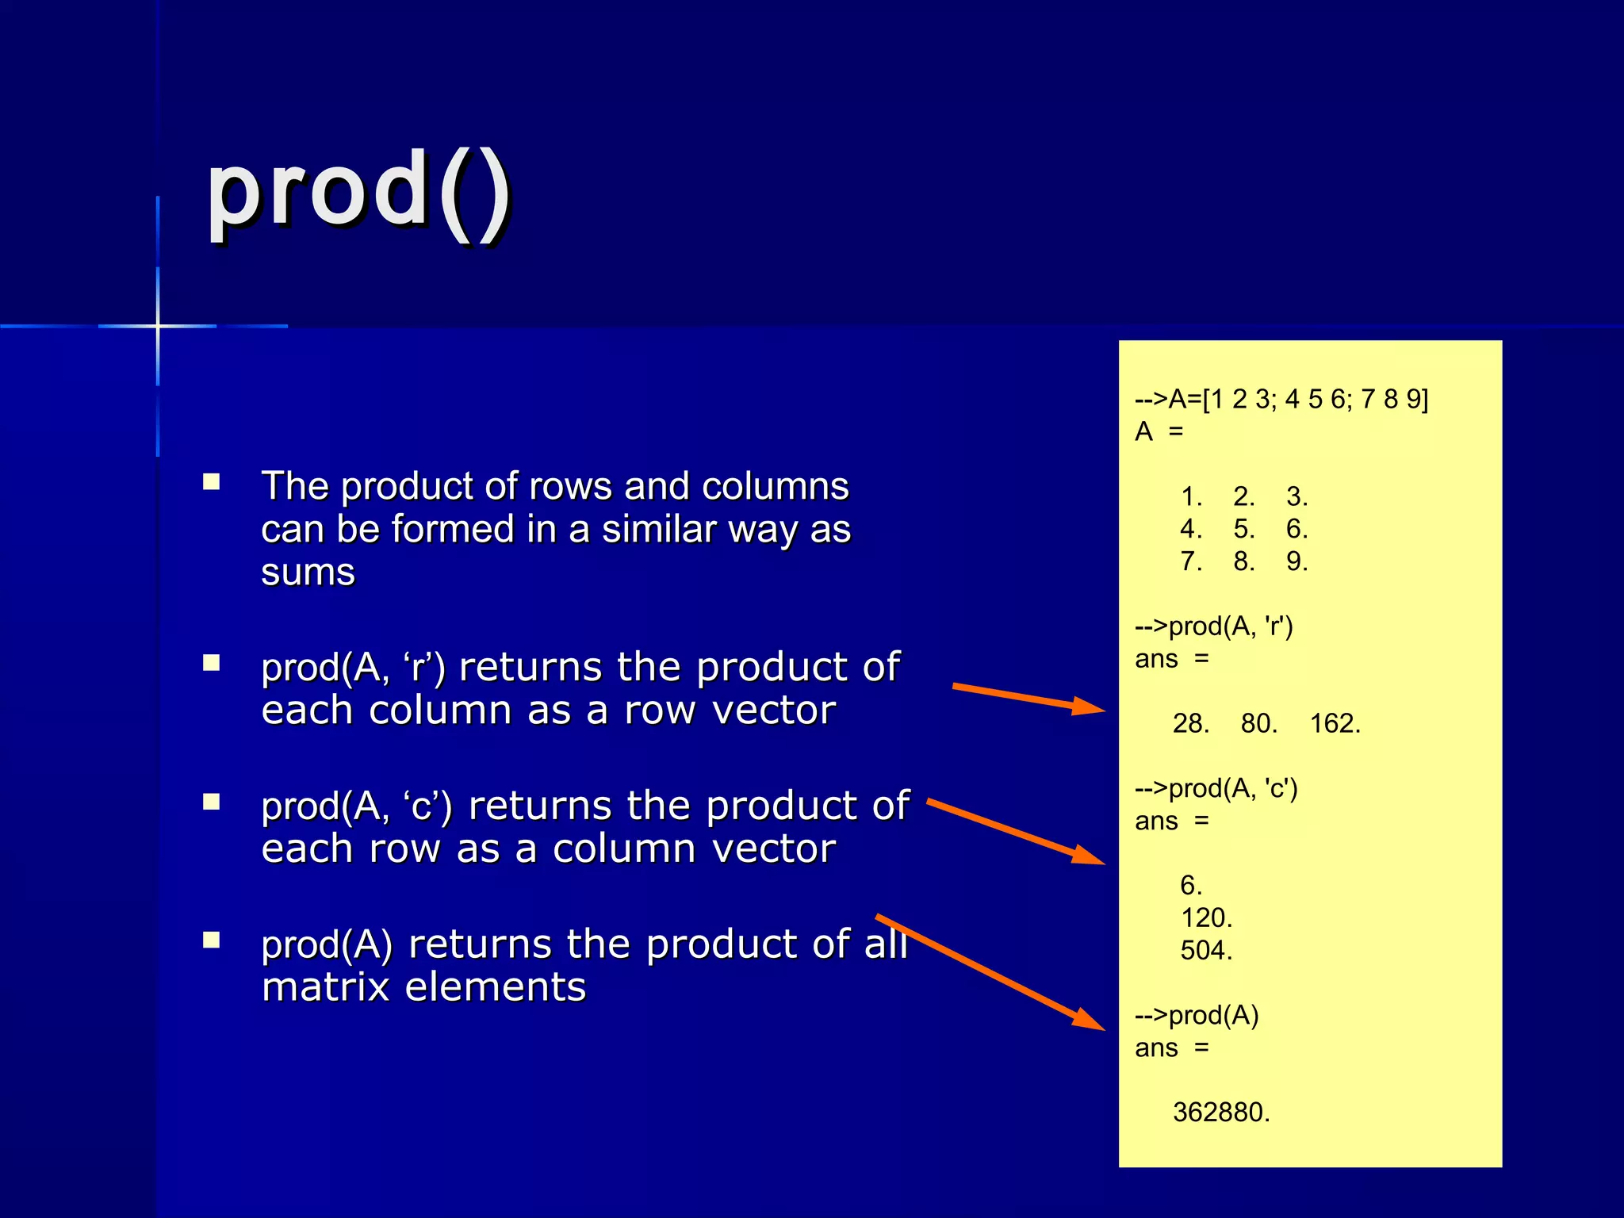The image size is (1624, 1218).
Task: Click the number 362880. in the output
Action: pos(1221,1112)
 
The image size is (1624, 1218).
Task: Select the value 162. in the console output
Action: pos(1335,723)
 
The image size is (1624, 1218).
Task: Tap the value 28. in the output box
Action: pos(1190,723)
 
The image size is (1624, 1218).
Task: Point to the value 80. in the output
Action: pos(1258,723)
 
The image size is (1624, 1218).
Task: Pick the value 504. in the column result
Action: pos(1206,950)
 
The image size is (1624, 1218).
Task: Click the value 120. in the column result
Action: pos(1206,917)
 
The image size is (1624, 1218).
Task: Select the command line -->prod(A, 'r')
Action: pos(1214,626)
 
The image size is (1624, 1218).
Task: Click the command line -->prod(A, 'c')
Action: pos(1216,788)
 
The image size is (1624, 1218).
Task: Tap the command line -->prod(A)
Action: pos(1197,1015)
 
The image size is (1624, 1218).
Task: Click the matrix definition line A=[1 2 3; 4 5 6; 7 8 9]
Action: pos(1281,399)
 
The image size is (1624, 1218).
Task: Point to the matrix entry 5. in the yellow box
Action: pos(1243,529)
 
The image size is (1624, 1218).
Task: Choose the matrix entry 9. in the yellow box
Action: pos(1297,561)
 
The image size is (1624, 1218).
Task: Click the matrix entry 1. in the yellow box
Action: pos(1191,496)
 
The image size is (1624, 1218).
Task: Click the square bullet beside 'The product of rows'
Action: pos(211,482)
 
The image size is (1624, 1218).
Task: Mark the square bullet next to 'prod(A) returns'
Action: pos(211,940)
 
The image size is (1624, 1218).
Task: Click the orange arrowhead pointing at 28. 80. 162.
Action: pos(1090,706)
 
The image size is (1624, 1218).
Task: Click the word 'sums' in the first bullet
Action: pos(308,572)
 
